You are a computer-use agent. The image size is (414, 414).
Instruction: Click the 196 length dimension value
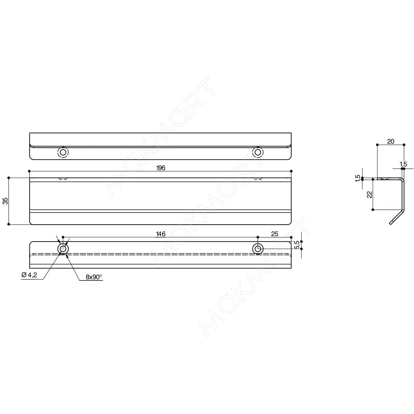[161, 168]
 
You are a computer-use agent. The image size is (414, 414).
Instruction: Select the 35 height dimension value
[6, 201]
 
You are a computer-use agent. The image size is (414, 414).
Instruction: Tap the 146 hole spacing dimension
[161, 234]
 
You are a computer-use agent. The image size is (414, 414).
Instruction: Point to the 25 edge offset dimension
[275, 234]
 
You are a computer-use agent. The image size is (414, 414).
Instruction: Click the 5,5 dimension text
[297, 245]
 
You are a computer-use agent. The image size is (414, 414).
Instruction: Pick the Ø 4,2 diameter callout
[29, 275]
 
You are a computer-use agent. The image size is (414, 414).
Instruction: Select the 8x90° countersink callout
[94, 277]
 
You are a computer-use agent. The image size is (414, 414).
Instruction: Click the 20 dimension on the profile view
[391, 141]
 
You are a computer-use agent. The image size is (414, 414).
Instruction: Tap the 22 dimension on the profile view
[369, 195]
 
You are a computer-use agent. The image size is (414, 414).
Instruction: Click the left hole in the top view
[63, 152]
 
